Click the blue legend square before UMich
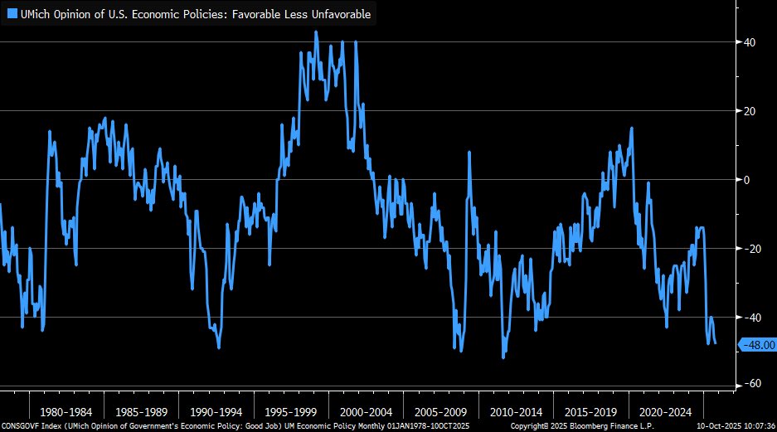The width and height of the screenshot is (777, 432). click(12, 14)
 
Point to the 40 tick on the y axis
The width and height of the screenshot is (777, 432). click(748, 42)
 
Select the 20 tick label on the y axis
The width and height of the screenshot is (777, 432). click(748, 111)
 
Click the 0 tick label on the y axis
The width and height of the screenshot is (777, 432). click(746, 180)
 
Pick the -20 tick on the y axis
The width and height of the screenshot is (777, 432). click(750, 249)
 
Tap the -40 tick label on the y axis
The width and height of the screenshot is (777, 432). click(750, 318)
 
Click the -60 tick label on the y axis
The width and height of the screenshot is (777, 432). click(750, 384)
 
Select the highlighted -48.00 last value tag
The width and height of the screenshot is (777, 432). click(758, 345)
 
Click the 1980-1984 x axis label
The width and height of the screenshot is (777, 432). click(67, 410)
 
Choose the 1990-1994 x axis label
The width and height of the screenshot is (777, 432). click(216, 410)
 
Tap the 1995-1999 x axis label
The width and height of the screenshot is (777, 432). click(290, 410)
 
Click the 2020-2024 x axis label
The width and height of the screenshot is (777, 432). click(663, 410)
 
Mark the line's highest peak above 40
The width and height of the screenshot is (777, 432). click(316, 32)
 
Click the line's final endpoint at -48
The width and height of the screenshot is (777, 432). click(716, 343)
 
